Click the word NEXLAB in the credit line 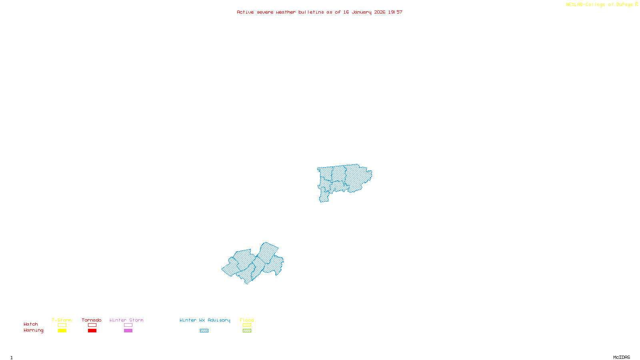click(574, 5)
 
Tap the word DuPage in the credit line click(624, 5)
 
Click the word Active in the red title click(245, 12)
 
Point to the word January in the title click(362, 12)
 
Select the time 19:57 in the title click(395, 12)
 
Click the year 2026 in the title click(380, 12)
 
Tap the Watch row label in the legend click(31, 324)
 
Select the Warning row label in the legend click(34, 330)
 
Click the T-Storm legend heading click(62, 320)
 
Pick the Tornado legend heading click(92, 320)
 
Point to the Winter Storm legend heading click(126, 320)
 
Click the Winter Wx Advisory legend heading click(205, 320)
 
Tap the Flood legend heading click(247, 320)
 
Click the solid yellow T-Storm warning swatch click(62, 331)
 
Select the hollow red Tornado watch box click(92, 325)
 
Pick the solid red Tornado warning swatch click(92, 331)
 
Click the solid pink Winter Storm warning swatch click(128, 331)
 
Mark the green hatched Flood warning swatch click(247, 331)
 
